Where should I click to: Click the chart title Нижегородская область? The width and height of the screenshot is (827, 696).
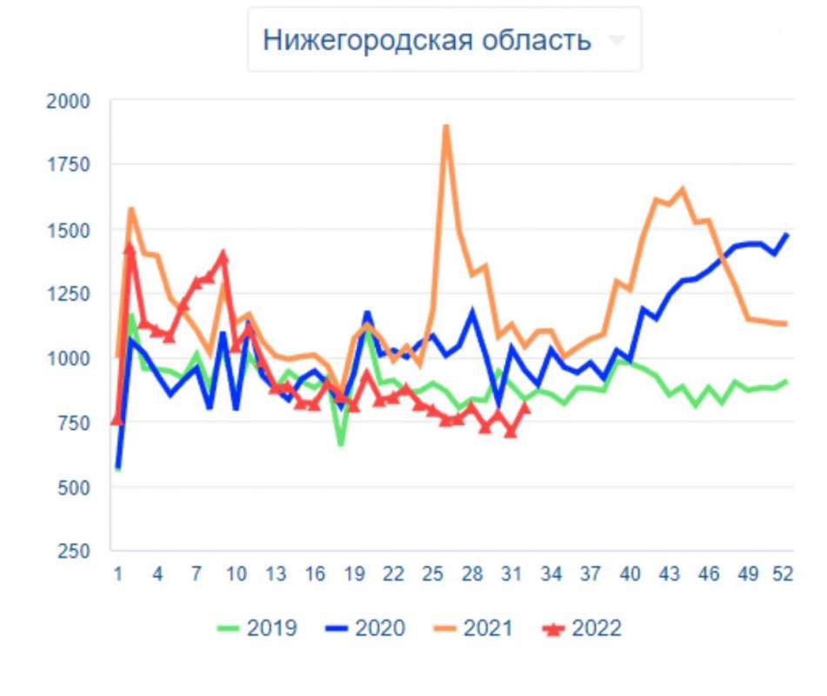(427, 40)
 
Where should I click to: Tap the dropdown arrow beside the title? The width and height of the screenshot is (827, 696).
(617, 40)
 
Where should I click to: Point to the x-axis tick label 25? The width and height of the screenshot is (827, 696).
(432, 575)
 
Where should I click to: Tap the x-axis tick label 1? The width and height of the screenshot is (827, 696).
(117, 575)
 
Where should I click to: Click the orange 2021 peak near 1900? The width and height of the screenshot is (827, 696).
(446, 127)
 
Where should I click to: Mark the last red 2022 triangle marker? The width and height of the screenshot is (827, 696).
(524, 407)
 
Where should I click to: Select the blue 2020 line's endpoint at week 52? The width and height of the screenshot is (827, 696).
(786, 234)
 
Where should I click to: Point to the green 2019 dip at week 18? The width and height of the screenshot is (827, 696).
(341, 444)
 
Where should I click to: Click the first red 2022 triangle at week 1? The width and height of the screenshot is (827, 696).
(117, 420)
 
